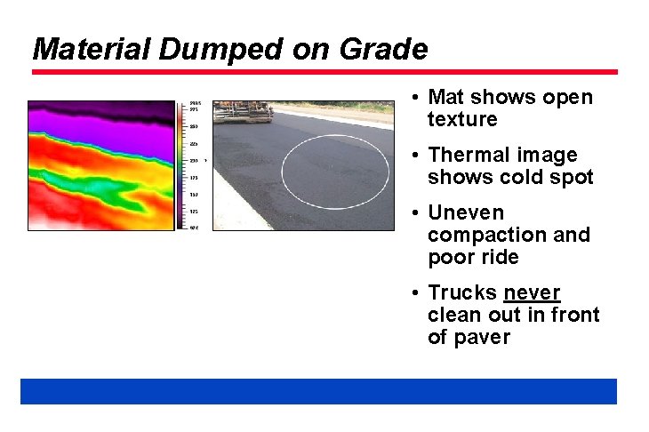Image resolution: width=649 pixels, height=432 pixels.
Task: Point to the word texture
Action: point(462,120)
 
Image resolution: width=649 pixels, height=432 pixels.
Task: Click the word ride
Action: point(499,258)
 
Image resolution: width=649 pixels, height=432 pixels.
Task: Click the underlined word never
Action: point(532,293)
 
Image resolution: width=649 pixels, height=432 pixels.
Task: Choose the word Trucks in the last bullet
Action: point(462,293)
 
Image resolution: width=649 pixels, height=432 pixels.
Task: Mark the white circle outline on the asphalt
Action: point(282,169)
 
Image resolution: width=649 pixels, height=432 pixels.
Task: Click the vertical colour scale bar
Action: point(181,164)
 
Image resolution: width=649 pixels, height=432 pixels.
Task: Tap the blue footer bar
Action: point(318,391)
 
